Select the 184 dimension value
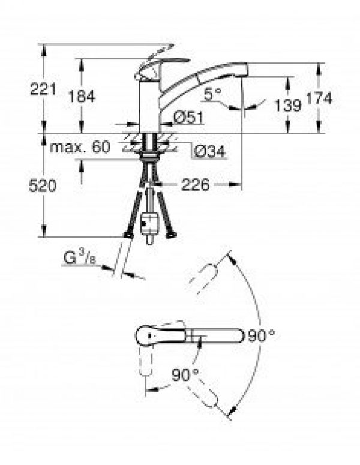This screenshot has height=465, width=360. (82, 97)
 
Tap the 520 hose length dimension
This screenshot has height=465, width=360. (43, 187)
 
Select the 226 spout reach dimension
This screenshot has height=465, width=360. (195, 185)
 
